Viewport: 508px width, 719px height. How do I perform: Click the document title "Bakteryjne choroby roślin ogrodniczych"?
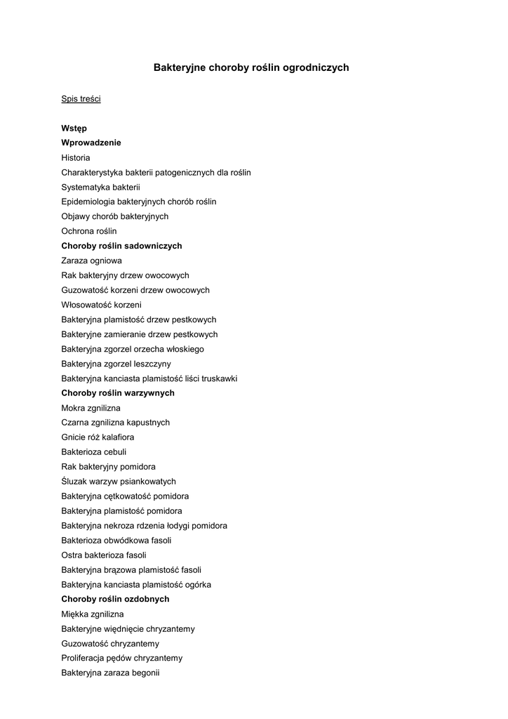(251, 68)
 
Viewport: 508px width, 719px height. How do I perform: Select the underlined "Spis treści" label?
(81, 99)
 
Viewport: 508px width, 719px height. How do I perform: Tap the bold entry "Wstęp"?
(74, 128)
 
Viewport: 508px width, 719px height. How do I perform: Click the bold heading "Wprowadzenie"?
(91, 143)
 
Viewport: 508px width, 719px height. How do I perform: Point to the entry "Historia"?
(76, 158)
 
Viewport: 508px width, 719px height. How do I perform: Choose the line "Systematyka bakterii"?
(100, 187)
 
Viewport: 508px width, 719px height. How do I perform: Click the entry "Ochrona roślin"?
(89, 231)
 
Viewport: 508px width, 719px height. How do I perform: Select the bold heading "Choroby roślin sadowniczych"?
(121, 246)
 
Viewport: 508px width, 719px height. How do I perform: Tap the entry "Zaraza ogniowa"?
(91, 260)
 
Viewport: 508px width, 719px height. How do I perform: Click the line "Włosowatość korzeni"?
(101, 305)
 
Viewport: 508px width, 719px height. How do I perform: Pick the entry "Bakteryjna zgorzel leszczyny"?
(116, 364)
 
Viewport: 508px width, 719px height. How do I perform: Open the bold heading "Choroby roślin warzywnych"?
(118, 393)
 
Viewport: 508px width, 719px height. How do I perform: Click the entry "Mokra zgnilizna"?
(91, 408)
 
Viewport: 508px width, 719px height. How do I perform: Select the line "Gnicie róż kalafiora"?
(98, 437)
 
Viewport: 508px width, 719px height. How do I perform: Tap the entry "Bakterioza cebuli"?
(94, 452)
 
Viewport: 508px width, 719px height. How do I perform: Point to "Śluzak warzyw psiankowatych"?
(119, 482)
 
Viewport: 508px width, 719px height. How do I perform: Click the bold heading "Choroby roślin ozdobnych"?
(115, 599)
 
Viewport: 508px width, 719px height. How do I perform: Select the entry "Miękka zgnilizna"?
(93, 614)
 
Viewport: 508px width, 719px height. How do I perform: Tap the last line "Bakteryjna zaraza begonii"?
(110, 673)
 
